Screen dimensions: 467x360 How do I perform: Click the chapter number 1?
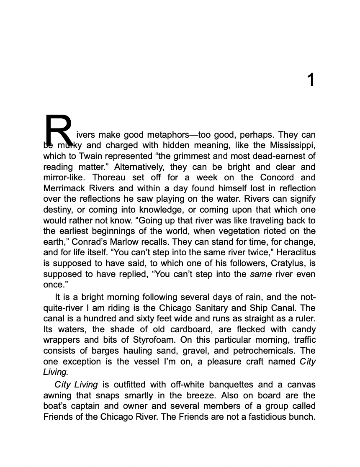pyautogui.click(x=310, y=80)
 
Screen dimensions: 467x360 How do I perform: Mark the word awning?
pyautogui.click(x=57, y=395)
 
